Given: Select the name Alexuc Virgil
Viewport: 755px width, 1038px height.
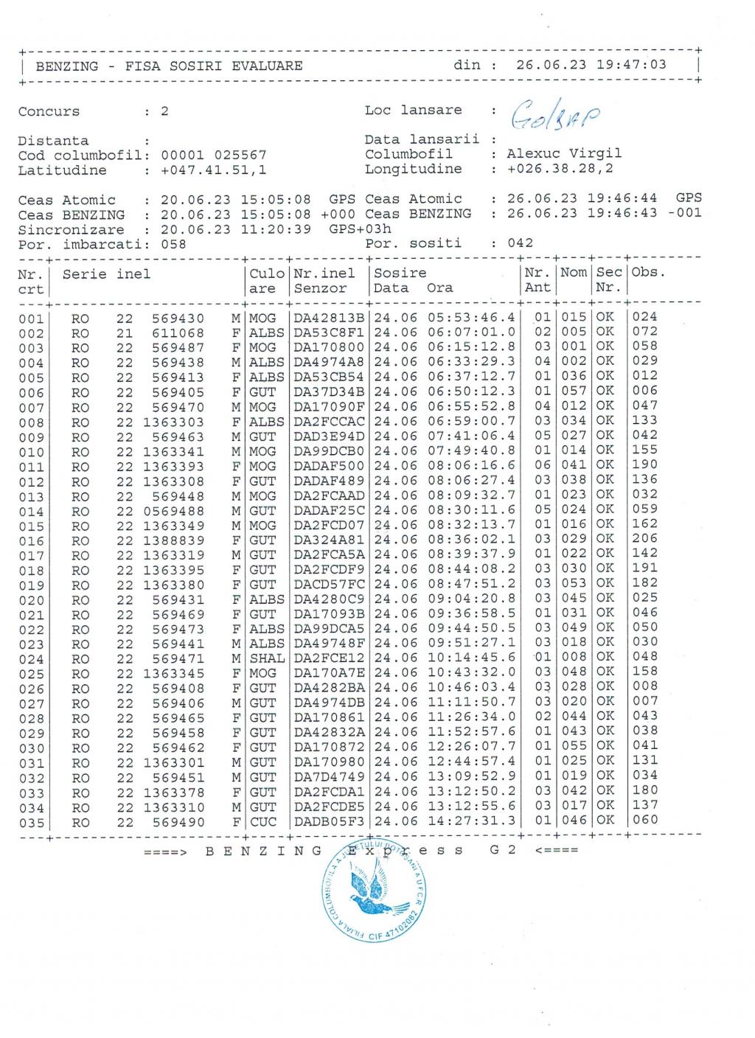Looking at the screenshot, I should point(564,153).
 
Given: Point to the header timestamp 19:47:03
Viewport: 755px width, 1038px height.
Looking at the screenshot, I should point(631,65).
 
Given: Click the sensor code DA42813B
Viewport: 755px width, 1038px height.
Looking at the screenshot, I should point(329,318).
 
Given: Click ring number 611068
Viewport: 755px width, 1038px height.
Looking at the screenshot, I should point(178,332).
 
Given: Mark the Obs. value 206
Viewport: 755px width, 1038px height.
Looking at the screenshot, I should point(644,539).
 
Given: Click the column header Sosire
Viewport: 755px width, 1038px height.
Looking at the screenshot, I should point(400,274).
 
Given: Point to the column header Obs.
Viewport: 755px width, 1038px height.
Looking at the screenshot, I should point(648,272).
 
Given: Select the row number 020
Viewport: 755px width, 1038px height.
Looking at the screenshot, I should point(31,600).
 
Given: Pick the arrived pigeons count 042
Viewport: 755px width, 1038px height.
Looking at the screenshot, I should point(520,243).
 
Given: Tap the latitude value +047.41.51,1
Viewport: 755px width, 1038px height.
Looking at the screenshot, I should point(213,170).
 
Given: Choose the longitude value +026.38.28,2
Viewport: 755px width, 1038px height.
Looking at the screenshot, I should point(560,169).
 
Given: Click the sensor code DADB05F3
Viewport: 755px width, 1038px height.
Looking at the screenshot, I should point(329,821).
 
